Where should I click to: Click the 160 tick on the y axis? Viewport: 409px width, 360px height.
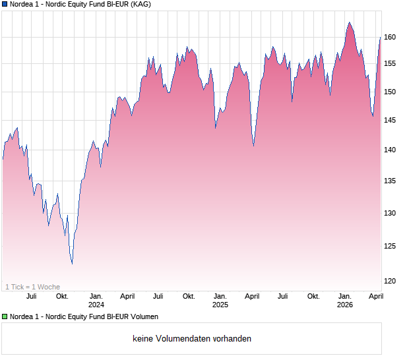pos(391,38)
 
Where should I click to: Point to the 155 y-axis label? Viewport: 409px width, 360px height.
pos(391,63)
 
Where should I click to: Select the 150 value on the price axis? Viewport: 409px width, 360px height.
pos(391,92)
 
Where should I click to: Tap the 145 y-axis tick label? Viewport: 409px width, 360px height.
pos(391,120)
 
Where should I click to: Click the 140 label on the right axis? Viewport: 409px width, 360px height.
pos(391,150)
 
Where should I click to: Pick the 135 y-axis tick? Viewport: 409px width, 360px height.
pos(391,181)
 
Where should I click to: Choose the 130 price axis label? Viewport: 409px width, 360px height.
pos(391,213)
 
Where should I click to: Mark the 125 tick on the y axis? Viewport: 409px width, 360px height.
pos(391,246)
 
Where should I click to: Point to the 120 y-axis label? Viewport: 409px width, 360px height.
pos(391,281)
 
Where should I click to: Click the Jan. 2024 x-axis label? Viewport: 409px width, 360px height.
pos(96,300)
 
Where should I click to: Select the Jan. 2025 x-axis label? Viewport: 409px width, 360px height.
pos(220,300)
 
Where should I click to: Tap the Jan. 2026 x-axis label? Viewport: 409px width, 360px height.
pos(344,300)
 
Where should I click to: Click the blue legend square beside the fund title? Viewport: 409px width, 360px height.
pos(5,5)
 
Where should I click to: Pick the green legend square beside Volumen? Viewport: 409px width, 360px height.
pos(5,316)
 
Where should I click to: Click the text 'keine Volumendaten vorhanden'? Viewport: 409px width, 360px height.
pos(192,339)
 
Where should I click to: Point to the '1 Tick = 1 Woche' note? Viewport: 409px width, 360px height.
pos(32,287)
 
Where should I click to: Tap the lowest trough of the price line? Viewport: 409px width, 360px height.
pos(72,264)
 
